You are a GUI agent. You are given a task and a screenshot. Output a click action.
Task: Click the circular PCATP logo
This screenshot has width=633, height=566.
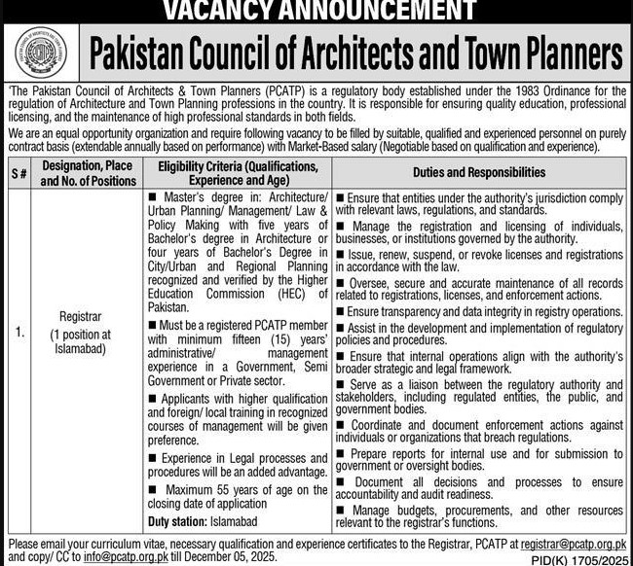[x=45, y=55]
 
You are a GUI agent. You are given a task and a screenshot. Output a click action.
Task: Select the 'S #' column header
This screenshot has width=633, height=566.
[x=19, y=173]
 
